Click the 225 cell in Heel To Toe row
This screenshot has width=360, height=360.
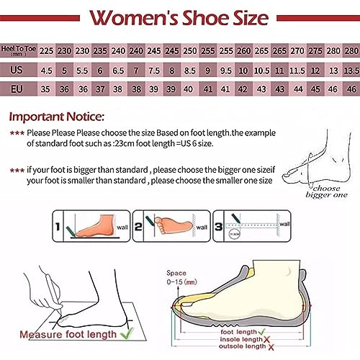pos(47,51)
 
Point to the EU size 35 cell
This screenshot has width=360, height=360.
pos(47,90)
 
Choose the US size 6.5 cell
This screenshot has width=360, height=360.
pos(119,71)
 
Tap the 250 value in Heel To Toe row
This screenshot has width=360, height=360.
pos(189,51)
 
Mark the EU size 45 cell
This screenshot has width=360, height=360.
pos(315,90)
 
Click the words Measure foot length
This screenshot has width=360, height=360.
pos(68,334)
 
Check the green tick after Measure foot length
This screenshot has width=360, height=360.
pos(128,333)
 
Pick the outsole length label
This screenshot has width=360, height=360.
pos(243,348)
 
